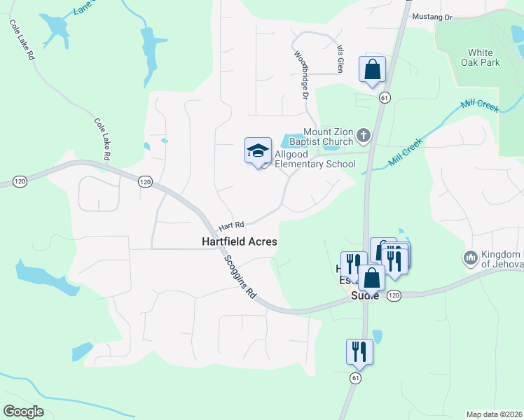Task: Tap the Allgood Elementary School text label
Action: [x=315, y=159]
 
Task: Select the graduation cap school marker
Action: [x=258, y=151]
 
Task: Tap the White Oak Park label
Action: [x=480, y=57]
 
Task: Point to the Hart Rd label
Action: [x=230, y=226]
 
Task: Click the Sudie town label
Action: [x=364, y=296]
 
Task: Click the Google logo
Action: [x=24, y=412]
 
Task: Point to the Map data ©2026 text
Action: [x=493, y=414]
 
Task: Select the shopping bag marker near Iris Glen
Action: [x=372, y=70]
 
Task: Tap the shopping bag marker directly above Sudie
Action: [x=371, y=277]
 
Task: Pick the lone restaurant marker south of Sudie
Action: [x=359, y=351]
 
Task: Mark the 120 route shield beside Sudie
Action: [x=394, y=296]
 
